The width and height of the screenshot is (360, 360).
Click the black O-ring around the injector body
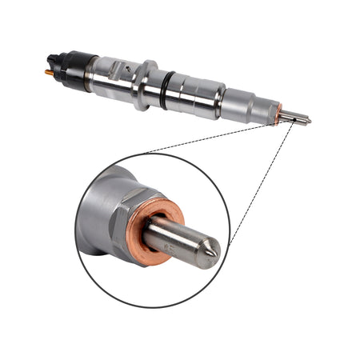click(x=165, y=90)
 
